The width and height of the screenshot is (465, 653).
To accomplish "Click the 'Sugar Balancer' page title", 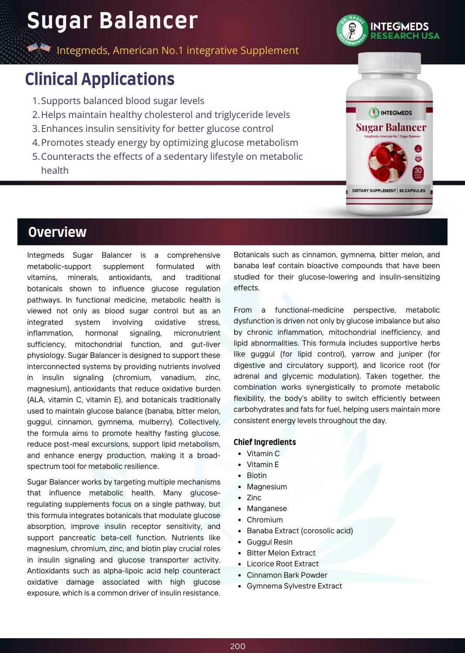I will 112,21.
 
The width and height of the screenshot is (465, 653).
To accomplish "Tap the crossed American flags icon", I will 39,50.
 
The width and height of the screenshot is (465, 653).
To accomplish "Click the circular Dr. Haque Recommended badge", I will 352,30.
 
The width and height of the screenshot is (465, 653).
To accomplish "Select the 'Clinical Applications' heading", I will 100,79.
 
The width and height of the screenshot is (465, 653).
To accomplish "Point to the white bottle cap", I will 390,63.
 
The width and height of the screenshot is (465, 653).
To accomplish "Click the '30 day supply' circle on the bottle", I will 418,172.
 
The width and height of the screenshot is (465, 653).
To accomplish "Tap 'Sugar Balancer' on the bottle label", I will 391,128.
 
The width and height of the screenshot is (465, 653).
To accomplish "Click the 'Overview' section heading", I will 57,232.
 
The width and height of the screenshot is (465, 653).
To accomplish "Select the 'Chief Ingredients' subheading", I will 265,442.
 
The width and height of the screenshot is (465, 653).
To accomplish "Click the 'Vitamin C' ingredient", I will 263,454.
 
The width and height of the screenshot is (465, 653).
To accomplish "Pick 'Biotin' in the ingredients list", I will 256,475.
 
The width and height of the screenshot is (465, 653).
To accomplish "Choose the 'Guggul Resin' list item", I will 270,542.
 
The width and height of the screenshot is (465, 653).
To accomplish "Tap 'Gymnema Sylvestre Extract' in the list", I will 294,586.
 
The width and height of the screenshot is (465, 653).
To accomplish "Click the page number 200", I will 238,646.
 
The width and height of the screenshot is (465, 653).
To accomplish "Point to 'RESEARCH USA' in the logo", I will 405,36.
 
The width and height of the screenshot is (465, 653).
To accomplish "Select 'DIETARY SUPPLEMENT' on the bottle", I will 374,191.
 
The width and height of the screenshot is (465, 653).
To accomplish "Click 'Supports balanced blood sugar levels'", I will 122,101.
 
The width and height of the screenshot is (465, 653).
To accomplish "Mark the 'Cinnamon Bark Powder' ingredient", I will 287,575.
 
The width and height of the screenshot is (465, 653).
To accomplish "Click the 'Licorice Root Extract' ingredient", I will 283,564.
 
